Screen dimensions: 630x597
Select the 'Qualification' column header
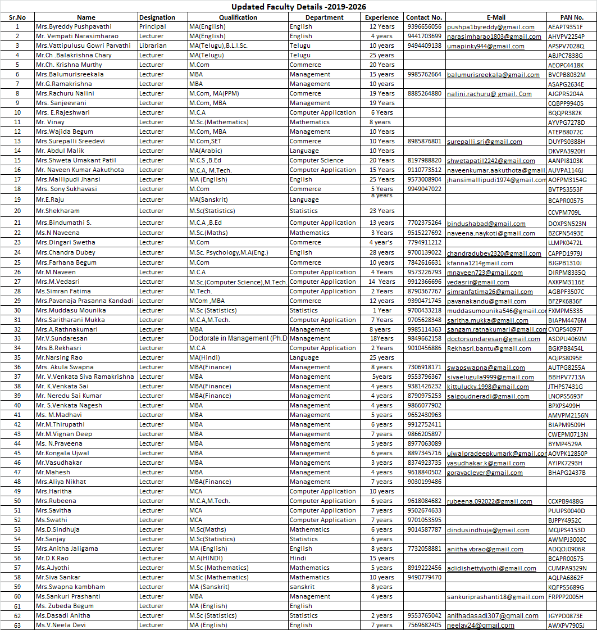pyautogui.click(x=238, y=17)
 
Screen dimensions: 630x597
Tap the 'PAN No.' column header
pyautogui.click(x=572, y=17)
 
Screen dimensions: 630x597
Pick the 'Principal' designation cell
pyautogui.click(x=152, y=26)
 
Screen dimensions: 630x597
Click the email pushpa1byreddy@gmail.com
pyautogui.click(x=490, y=27)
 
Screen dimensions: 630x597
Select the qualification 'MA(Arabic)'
pyautogui.click(x=208, y=151)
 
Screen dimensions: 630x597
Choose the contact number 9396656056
pyautogui.click(x=424, y=26)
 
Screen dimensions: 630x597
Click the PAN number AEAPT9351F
pyautogui.click(x=566, y=27)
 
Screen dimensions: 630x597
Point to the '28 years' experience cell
pyautogui.click(x=381, y=253)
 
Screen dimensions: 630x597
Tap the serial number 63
pyautogui.click(x=17, y=625)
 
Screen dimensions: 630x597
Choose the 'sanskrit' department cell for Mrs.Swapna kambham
pyautogui.click(x=303, y=587)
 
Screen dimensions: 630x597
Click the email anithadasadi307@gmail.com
pyautogui.click(x=493, y=616)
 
